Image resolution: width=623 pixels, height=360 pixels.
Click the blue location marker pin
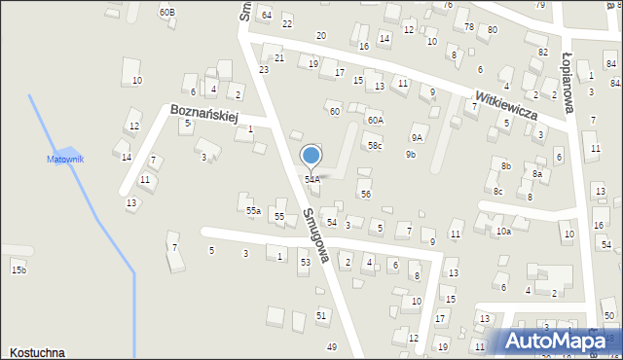pos(311,156)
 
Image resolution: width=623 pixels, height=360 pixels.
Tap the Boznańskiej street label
pos(203,114)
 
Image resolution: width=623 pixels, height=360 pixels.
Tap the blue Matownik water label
pos(66,159)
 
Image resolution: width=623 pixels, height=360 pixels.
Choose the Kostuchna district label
pos(38,352)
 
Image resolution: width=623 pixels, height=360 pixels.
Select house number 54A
pos(311,179)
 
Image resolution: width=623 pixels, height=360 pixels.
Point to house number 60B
pos(166,12)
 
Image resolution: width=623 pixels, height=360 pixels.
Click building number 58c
pos(375,146)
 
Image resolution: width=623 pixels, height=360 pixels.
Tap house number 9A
pos(418,138)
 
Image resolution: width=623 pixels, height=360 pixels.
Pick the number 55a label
pos(253,210)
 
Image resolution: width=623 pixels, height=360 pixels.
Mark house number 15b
pos(18,270)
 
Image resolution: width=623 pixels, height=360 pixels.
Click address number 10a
pos(502,232)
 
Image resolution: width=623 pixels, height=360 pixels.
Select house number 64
pos(266,15)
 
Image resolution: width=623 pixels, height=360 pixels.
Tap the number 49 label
pos(332,347)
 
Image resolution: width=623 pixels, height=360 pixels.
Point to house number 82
pos(543,52)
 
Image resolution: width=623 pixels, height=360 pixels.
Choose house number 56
pos(365,194)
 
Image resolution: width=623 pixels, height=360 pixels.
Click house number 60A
pos(375,120)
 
